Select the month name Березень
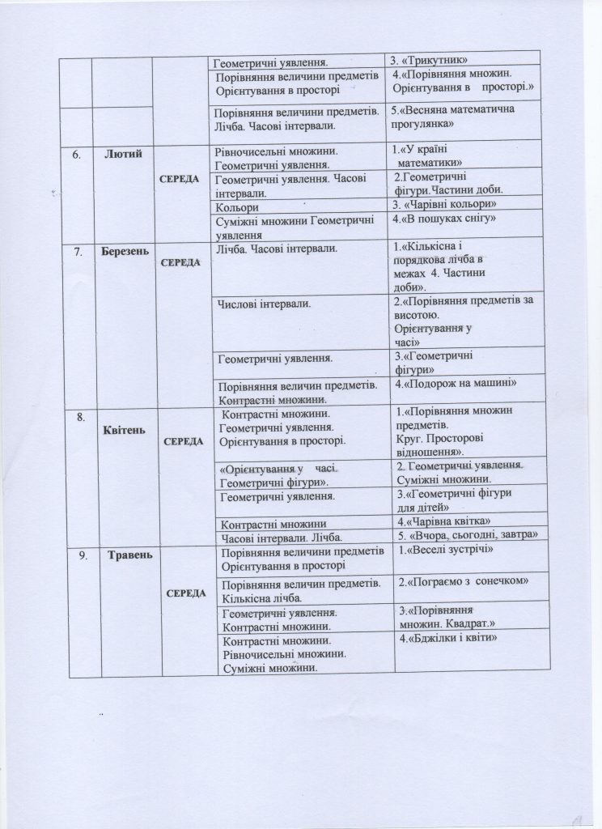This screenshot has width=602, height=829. click(125, 252)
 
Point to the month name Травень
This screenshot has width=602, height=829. click(125, 555)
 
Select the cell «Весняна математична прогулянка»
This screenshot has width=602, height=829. click(453, 117)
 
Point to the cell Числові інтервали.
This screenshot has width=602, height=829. click(267, 304)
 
